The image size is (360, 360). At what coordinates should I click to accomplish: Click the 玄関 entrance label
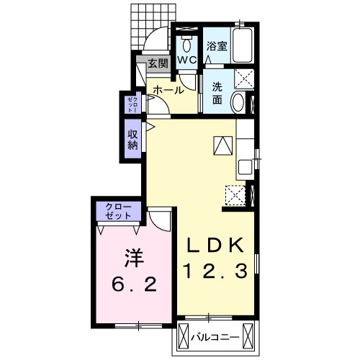tap(158, 63)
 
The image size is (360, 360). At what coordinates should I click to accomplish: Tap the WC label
tap(187, 60)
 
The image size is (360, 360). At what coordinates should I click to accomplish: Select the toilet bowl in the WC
tap(186, 44)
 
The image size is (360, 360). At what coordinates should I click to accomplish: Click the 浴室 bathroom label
tap(217, 46)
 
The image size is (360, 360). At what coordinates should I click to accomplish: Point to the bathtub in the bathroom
tap(243, 45)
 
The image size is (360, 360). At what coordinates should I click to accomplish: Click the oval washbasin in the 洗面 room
tap(238, 102)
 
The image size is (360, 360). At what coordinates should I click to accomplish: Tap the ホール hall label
tap(168, 90)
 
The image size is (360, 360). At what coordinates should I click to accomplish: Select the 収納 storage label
tap(132, 140)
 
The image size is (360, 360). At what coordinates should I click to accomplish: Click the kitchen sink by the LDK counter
tap(245, 167)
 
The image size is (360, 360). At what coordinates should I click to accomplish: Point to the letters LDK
tap(215, 245)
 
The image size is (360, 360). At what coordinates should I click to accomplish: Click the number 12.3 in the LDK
tap(215, 271)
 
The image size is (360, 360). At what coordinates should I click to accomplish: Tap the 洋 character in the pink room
tap(134, 258)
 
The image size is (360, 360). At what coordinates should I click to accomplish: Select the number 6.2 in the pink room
tap(134, 284)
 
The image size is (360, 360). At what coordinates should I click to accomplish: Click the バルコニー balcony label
tap(215, 338)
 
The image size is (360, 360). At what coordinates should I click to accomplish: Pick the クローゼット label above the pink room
tap(119, 211)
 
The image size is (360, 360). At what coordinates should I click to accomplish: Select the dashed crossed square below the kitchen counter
tap(235, 195)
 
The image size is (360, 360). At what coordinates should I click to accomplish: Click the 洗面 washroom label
tap(217, 94)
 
